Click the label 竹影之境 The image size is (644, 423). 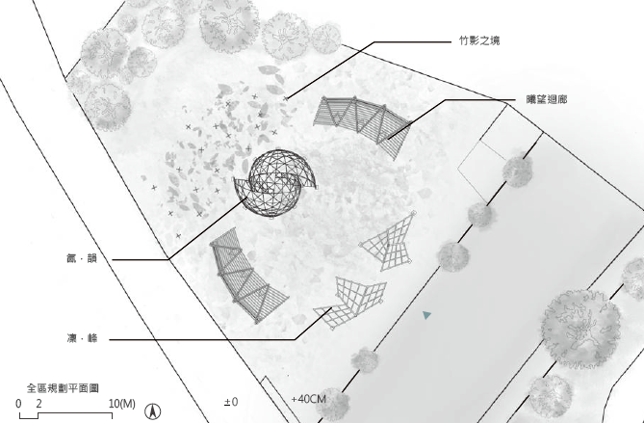point(479,40)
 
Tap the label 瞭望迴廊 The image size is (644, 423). point(547,99)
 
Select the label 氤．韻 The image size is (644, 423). point(82,258)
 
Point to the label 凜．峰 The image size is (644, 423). point(82,338)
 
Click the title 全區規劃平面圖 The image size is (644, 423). point(63,388)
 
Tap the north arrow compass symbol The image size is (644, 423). point(153,411)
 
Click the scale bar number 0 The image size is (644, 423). point(18,404)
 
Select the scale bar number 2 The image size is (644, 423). point(39,404)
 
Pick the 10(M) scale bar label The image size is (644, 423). point(122,404)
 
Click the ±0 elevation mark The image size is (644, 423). point(231,402)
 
